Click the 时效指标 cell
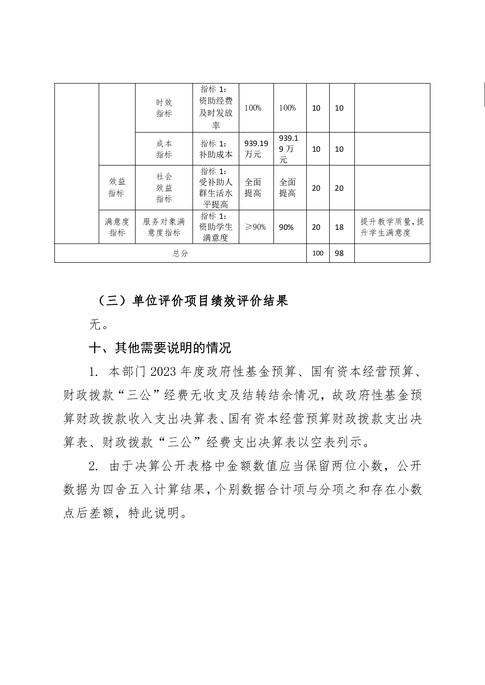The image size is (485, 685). [164, 108]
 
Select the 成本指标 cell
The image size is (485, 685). [164, 149]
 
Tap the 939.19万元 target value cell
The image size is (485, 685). [256, 149]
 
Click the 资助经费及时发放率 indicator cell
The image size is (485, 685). [216, 108]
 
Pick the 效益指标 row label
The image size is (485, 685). [117, 188]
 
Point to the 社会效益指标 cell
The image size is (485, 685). [164, 188]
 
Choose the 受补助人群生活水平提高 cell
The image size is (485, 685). [216, 188]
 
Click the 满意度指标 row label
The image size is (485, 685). [117, 227]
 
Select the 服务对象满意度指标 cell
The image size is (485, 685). [164, 227]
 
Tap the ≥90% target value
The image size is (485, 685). [255, 227]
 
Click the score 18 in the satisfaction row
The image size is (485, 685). [339, 227]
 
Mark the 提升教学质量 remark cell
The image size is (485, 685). [392, 227]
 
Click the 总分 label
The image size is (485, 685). [180, 253]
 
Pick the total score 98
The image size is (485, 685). [339, 253]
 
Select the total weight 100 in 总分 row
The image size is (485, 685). [318, 253]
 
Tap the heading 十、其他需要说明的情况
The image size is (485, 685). [160, 348]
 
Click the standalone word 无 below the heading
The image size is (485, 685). [94, 325]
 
